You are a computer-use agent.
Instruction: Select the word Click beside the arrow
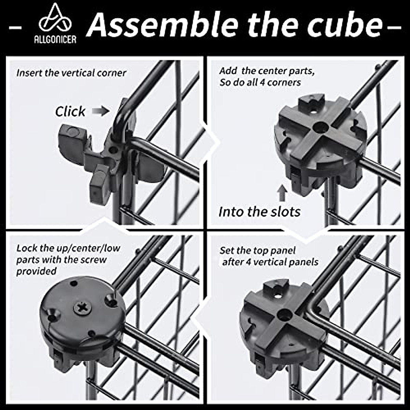70,111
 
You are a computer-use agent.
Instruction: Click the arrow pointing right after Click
101,111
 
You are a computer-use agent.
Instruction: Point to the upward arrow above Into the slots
282,193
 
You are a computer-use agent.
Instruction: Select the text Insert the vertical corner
71,73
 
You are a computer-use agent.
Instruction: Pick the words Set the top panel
257,250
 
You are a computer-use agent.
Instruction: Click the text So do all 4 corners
260,82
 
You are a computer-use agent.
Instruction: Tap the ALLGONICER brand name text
55,40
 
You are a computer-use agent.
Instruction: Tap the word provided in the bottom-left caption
36,271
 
